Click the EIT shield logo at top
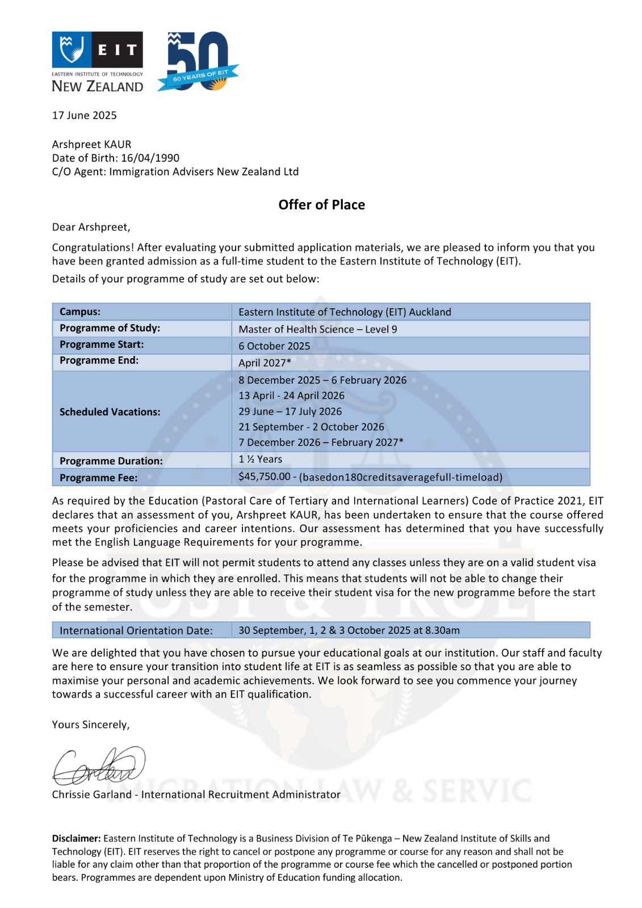pyautogui.click(x=70, y=49)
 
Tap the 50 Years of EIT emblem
pyautogui.click(x=198, y=61)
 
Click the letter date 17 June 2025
pyautogui.click(x=84, y=115)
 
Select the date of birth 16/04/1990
pyautogui.click(x=150, y=158)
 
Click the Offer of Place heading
pyautogui.click(x=321, y=205)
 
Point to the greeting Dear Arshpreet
pyautogui.click(x=91, y=227)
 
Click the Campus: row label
pyautogui.click(x=80, y=312)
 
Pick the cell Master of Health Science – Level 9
pyautogui.click(x=317, y=329)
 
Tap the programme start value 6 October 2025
pyautogui.click(x=274, y=346)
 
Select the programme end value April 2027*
pyautogui.click(x=265, y=363)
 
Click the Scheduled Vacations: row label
pyautogui.click(x=110, y=412)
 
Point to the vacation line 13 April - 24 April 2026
pyautogui.click(x=291, y=396)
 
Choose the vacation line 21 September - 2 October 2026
pyautogui.click(x=311, y=427)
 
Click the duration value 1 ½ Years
pyautogui.click(x=260, y=459)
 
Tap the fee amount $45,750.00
pyautogui.click(x=264, y=477)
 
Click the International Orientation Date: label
pyautogui.click(x=136, y=630)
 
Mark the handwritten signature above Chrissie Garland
pyautogui.click(x=99, y=766)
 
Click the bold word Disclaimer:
pyautogui.click(x=76, y=838)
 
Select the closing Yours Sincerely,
pyautogui.click(x=91, y=725)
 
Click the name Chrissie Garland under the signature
pyautogui.click(x=91, y=794)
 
